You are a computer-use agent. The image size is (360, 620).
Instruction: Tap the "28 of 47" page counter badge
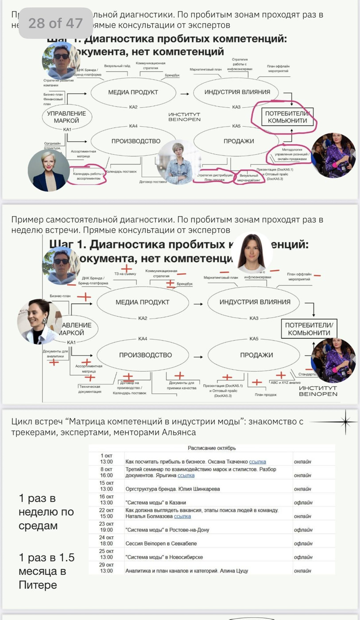coord(55,23)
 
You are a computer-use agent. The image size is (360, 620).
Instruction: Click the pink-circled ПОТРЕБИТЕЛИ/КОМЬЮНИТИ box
coord(286,117)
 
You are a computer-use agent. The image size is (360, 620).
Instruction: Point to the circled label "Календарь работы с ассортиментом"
coord(89,176)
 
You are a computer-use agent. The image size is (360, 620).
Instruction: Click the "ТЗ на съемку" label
coord(125,274)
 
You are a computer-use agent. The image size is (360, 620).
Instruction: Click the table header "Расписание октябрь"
coord(212,448)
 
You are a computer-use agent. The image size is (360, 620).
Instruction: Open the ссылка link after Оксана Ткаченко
coord(258,461)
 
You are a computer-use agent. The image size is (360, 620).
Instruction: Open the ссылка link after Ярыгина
coord(186,475)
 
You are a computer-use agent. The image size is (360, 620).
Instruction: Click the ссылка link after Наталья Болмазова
coord(182,516)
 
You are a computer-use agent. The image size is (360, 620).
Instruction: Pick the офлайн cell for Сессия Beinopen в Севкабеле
coord(303,543)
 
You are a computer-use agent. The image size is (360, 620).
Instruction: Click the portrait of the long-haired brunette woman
coord(252,253)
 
